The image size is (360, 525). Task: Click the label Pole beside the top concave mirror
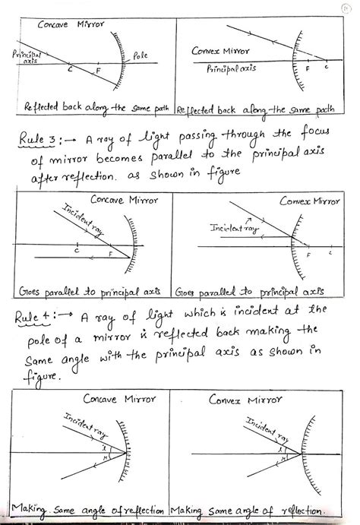coord(142,55)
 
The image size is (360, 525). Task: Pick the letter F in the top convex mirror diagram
coord(308,69)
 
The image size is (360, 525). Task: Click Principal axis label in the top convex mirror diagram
coord(232,68)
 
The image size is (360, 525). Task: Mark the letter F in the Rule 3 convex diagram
coord(308,258)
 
